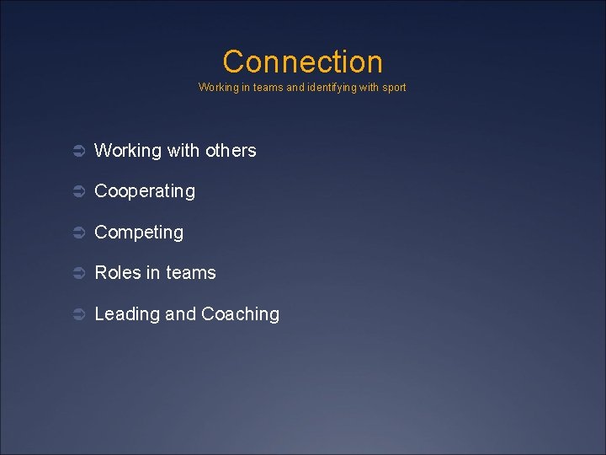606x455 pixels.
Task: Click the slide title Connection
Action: tap(302, 62)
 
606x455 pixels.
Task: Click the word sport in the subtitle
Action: tap(393, 88)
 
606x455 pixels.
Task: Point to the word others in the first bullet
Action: tap(231, 151)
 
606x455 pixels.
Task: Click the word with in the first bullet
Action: tap(183, 151)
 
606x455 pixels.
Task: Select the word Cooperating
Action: tap(145, 191)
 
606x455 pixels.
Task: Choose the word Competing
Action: tap(139, 233)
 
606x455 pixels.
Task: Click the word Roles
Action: tap(117, 273)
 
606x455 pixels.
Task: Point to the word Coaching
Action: tap(240, 314)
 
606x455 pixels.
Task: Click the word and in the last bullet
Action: tap(180, 314)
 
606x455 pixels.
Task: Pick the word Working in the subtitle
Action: tap(218, 88)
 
